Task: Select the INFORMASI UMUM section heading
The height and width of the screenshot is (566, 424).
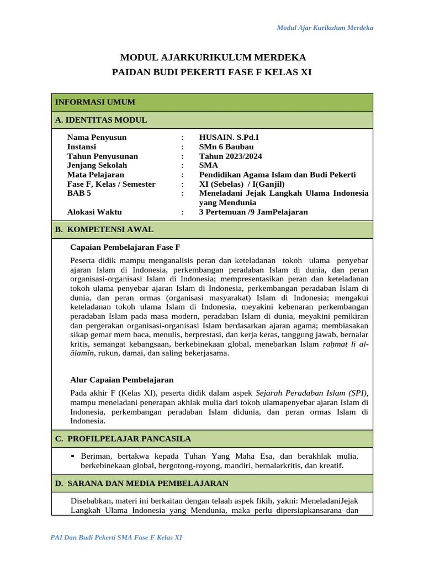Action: pos(95,102)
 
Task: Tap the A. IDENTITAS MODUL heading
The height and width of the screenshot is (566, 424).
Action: pos(101,120)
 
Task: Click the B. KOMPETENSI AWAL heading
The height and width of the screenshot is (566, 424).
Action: pos(104,229)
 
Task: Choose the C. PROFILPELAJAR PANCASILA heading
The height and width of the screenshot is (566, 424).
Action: pos(123,439)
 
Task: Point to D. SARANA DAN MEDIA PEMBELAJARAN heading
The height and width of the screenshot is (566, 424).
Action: pos(142,484)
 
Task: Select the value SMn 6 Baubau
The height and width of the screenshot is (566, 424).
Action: pos(226,147)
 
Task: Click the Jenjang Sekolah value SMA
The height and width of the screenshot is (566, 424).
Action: pos(209,165)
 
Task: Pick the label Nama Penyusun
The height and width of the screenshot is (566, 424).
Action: pos(97,138)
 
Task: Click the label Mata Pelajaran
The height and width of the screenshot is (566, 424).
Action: pos(96,175)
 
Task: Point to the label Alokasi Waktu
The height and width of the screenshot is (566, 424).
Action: pos(94,212)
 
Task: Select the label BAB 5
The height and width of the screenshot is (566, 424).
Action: pos(79,193)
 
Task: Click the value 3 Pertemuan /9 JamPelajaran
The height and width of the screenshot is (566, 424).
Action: pos(253,212)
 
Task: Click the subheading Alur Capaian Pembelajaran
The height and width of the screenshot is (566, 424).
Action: pos(122,380)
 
